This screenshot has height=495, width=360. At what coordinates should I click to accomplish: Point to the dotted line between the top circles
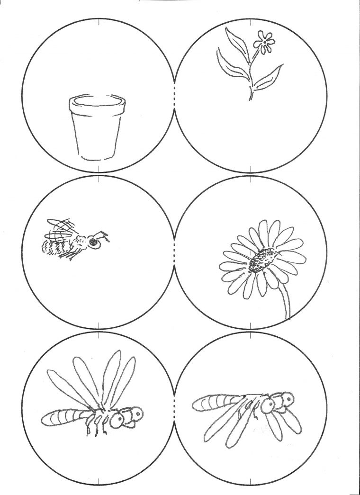coord(175,99)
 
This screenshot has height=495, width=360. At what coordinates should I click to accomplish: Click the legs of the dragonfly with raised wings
coord(97,429)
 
